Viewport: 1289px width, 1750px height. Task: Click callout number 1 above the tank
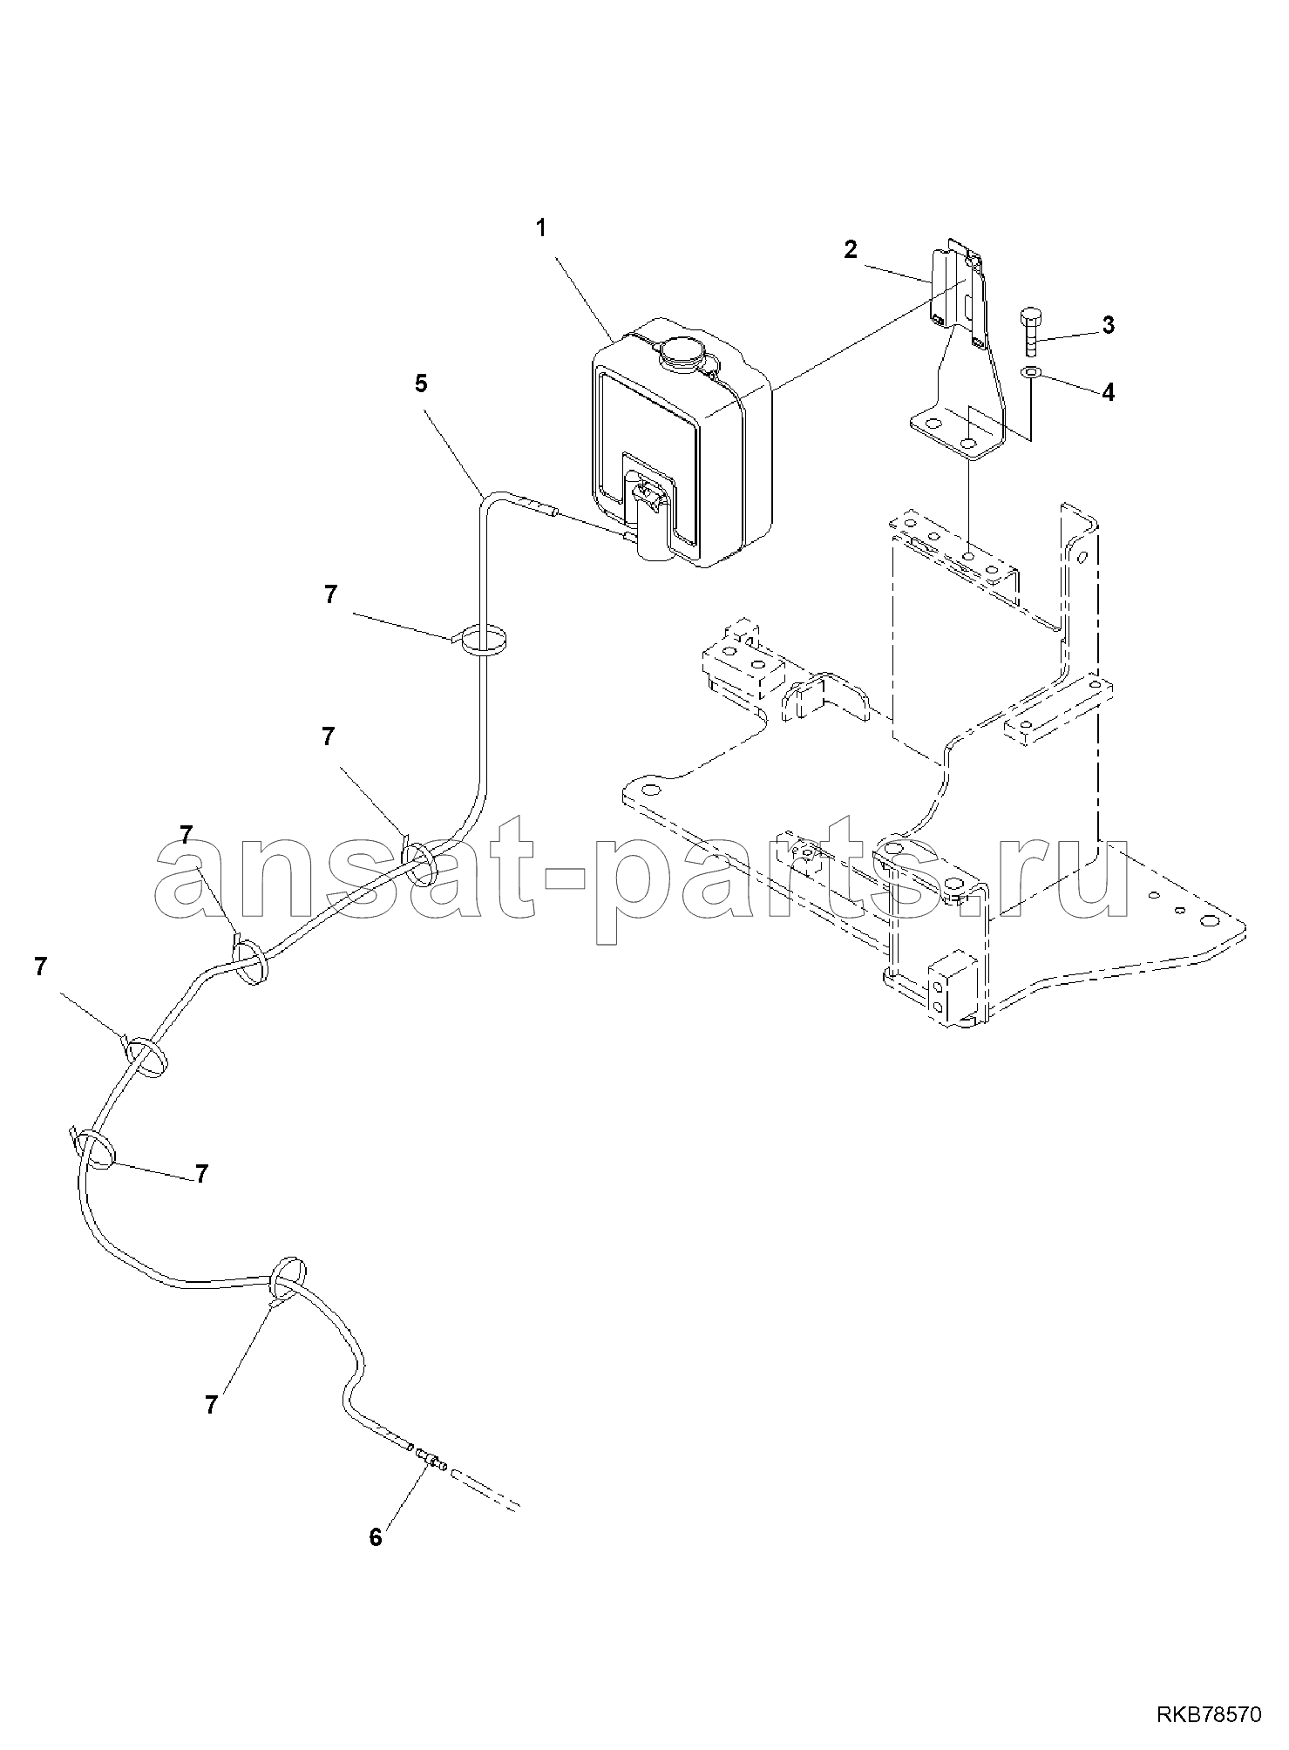(x=541, y=228)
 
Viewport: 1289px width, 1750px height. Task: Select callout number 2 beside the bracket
(x=851, y=249)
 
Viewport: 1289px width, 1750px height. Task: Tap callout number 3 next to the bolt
(x=1108, y=325)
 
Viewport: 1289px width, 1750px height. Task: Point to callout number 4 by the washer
(x=1108, y=392)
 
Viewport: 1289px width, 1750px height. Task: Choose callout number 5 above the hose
(x=421, y=384)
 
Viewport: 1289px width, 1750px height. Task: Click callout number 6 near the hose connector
(x=376, y=1537)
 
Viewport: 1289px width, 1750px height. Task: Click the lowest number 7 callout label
(x=211, y=1404)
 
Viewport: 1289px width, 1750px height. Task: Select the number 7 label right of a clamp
(x=201, y=1174)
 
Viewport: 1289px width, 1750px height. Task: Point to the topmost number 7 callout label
(x=329, y=594)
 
